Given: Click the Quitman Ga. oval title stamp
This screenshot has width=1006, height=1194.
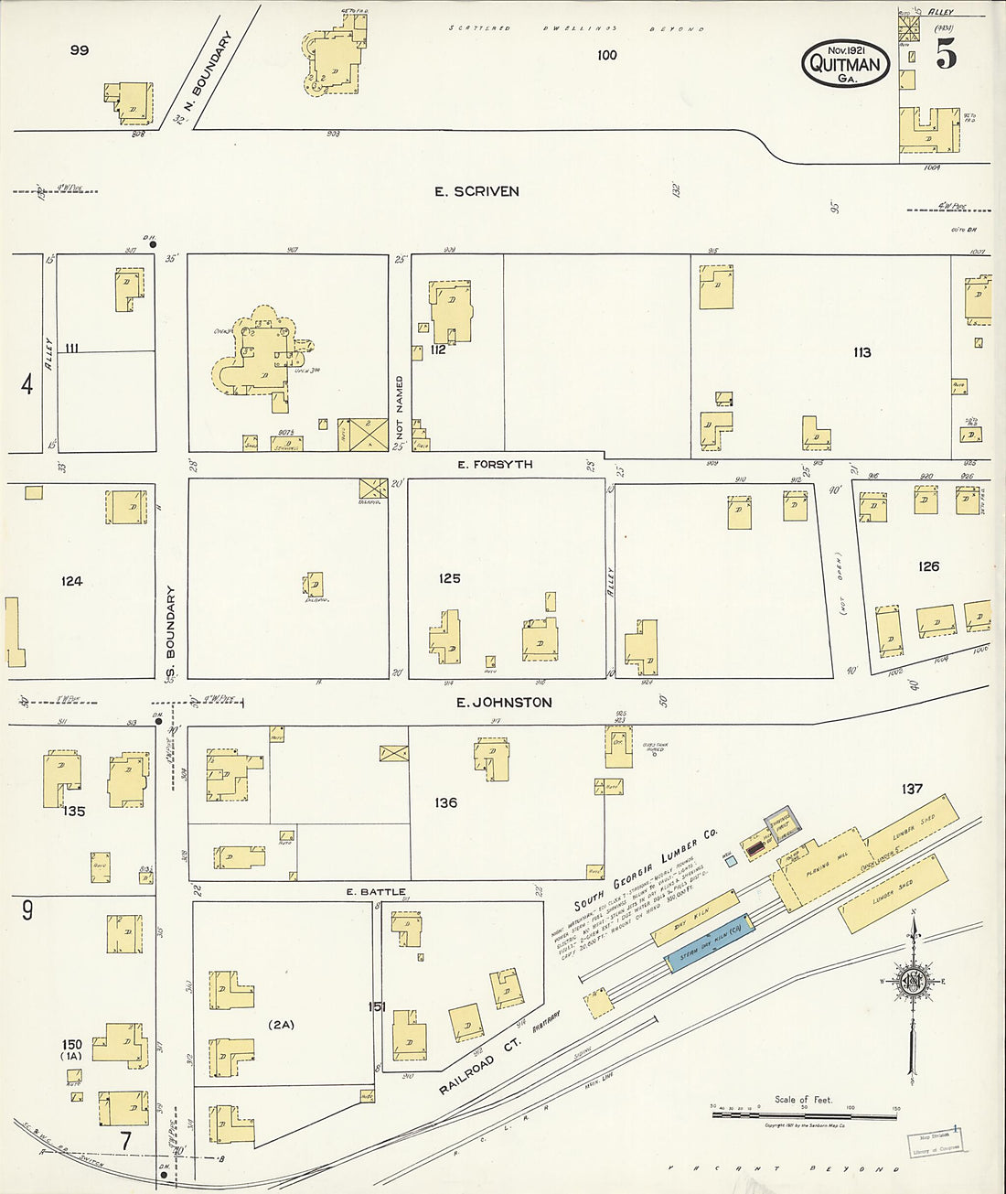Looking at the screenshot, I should click(846, 63).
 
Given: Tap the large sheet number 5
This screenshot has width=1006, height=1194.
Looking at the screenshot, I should click(947, 56).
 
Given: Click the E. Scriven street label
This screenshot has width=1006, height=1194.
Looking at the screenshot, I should click(476, 191).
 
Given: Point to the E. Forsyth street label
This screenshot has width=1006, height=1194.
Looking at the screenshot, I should click(495, 465).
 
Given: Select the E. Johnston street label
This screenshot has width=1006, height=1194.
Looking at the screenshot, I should click(504, 703).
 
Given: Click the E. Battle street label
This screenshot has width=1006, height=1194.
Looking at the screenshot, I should click(376, 891).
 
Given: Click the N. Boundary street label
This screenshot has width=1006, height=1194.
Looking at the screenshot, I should click(202, 77).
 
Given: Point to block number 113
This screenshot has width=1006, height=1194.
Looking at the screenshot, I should click(862, 352).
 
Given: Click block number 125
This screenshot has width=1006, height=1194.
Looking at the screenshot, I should click(449, 578).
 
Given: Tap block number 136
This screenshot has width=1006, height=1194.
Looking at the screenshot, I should click(445, 802).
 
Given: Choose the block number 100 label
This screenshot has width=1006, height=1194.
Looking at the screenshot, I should click(606, 55).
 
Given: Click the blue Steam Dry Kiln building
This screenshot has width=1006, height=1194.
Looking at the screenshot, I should click(710, 943).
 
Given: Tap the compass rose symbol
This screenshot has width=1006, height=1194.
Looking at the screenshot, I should click(912, 982).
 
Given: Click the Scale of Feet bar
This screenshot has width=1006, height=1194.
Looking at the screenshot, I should click(804, 1115).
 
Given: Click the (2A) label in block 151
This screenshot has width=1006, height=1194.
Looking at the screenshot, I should click(281, 1025).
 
